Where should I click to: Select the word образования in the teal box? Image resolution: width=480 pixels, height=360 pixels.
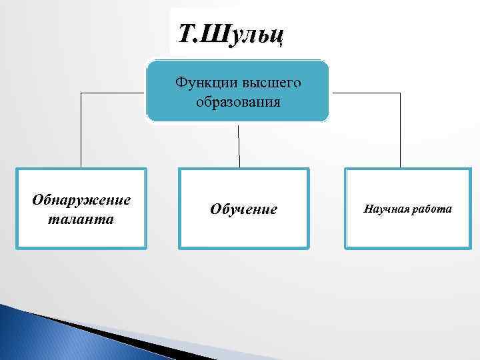pyautogui.click(x=238, y=103)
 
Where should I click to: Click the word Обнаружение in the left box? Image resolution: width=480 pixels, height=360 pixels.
pyautogui.click(x=81, y=200)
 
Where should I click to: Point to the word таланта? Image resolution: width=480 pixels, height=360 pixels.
pyautogui.click(x=81, y=219)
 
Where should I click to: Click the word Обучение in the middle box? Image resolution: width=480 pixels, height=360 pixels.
pyautogui.click(x=243, y=209)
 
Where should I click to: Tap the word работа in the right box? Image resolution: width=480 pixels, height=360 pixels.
pyautogui.click(x=432, y=209)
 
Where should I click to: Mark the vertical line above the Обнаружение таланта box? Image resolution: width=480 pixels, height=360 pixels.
pyautogui.click(x=81, y=130)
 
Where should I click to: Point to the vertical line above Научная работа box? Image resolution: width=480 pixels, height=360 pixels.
pyautogui.click(x=400, y=130)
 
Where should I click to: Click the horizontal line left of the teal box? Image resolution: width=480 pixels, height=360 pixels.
pyautogui.click(x=113, y=93)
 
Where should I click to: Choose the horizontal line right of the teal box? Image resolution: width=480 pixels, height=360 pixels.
pyautogui.click(x=365, y=93)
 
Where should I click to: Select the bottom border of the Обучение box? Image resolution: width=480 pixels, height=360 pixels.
pyautogui.click(x=244, y=248)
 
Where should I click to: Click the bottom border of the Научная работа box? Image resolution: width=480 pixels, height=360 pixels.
pyautogui.click(x=408, y=247)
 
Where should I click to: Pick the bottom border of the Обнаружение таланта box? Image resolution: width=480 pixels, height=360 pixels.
pyautogui.click(x=81, y=247)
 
